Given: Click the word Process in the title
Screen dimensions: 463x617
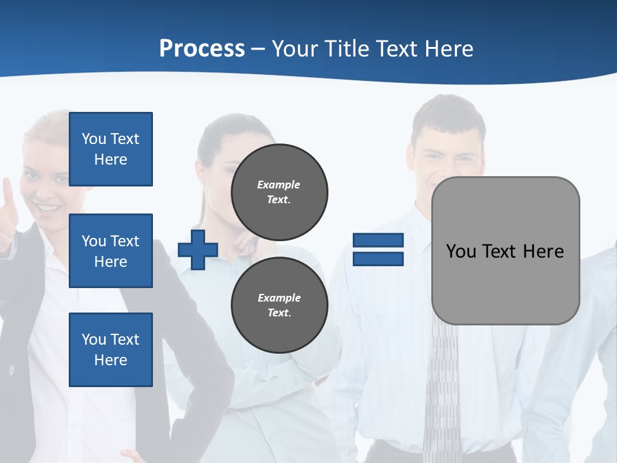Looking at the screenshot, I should point(202,48).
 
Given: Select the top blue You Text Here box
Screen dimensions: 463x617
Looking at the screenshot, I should point(111,149).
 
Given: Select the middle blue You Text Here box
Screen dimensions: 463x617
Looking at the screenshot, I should point(111,251).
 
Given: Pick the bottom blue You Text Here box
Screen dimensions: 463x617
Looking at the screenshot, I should point(111,350).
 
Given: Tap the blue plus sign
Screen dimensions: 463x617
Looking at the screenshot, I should point(198,250).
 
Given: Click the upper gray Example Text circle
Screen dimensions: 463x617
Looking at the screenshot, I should point(279,192).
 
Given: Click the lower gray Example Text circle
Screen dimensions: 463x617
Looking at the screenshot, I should point(279,305).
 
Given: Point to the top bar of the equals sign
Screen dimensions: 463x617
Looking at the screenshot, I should point(378,241).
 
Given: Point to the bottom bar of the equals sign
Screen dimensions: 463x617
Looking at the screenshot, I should point(378,259).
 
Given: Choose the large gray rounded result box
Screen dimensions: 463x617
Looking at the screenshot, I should point(505,289).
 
